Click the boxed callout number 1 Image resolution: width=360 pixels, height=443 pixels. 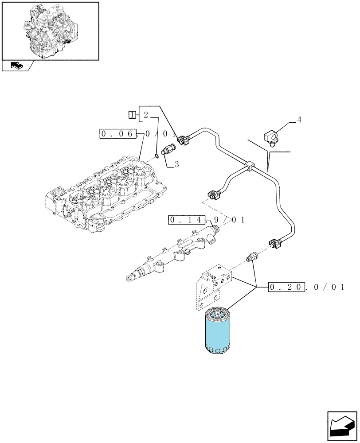pyautogui.click(x=131, y=115)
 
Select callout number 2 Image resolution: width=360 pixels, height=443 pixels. pyautogui.click(x=145, y=115)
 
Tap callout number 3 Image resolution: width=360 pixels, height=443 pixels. pyautogui.click(x=177, y=164)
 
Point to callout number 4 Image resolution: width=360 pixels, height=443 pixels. pyautogui.click(x=299, y=120)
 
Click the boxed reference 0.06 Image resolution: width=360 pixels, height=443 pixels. pyautogui.click(x=118, y=134)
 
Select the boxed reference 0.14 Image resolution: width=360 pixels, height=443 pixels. pyautogui.click(x=187, y=220)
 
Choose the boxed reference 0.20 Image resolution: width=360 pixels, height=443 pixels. pyautogui.click(x=287, y=288)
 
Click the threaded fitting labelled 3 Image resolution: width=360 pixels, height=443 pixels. pyautogui.click(x=168, y=149)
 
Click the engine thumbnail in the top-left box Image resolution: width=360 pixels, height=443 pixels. pyautogui.click(x=51, y=31)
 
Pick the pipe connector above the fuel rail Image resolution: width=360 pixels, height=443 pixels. pyautogui.click(x=214, y=194)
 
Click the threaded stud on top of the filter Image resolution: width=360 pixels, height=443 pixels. pyautogui.click(x=218, y=312)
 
